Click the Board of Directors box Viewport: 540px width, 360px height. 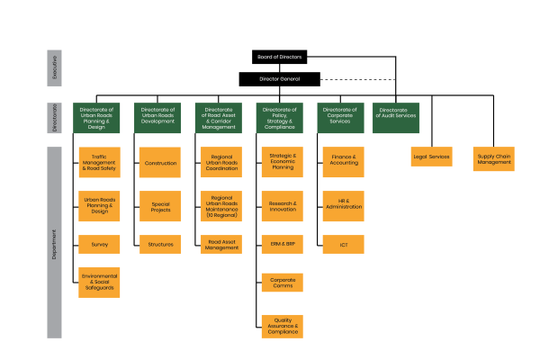[x=279, y=57]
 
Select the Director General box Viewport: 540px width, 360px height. [x=279, y=78]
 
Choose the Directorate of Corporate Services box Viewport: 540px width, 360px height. [x=338, y=117]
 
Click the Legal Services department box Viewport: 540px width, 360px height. [x=431, y=157]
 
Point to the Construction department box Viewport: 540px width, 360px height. [x=161, y=163]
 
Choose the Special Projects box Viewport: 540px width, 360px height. [x=161, y=206]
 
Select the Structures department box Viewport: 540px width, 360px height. [x=161, y=244]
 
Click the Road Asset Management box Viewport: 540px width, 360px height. [x=220, y=244]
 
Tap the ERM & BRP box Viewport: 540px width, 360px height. [x=283, y=244]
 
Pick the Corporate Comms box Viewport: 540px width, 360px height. [x=283, y=283]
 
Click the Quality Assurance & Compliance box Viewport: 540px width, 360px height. [x=283, y=325]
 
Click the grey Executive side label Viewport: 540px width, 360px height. [x=54, y=68]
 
